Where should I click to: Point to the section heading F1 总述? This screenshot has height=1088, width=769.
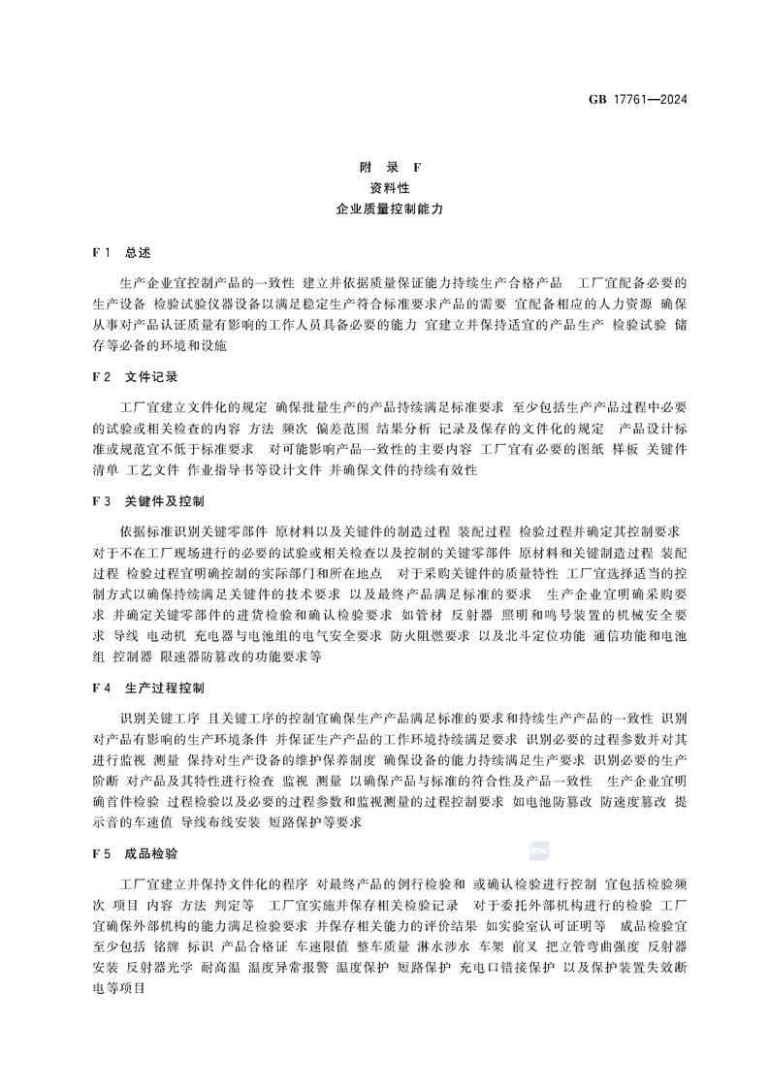tap(121, 252)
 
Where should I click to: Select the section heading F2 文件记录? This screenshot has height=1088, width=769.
tap(135, 375)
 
